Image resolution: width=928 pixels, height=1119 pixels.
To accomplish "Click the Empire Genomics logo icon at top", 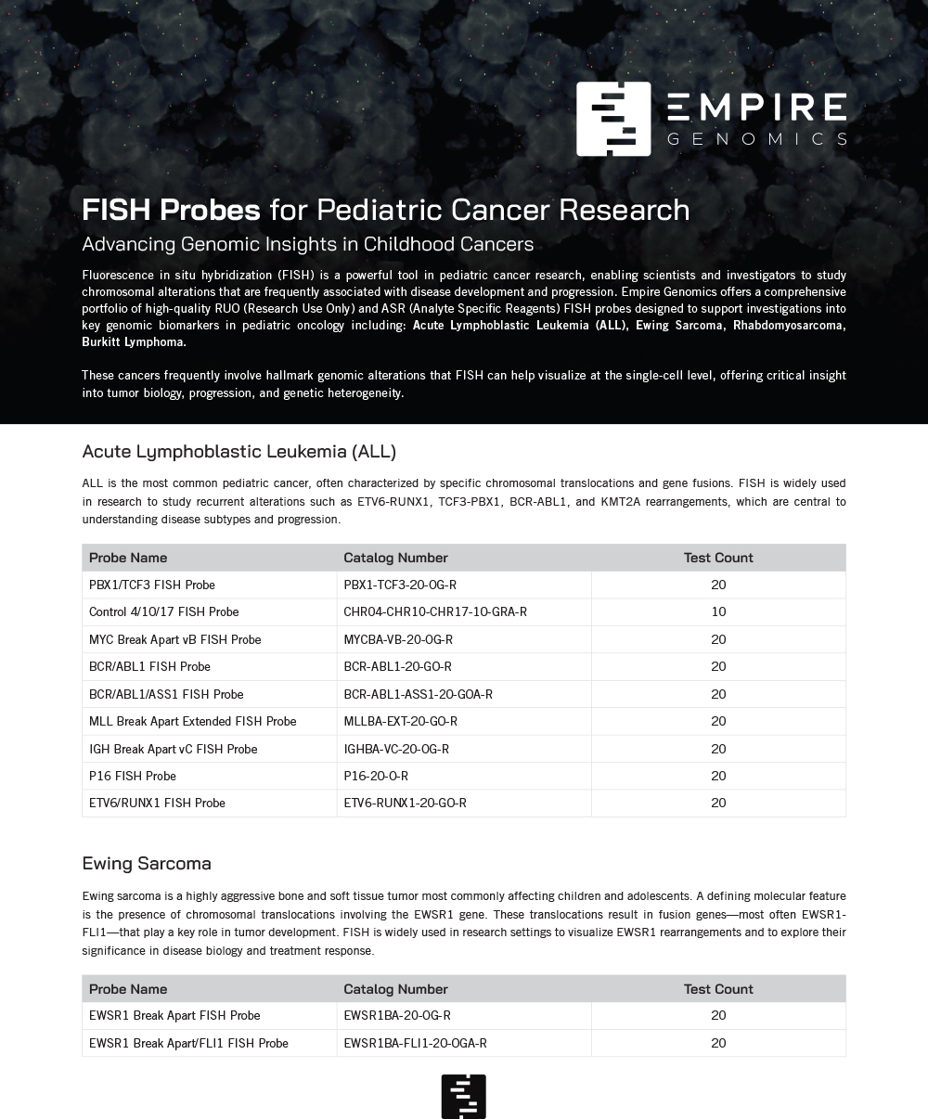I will click(613, 119).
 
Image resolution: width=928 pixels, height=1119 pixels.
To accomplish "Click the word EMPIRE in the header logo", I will click(756, 108).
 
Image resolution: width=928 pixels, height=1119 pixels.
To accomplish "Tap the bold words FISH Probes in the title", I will click(171, 210).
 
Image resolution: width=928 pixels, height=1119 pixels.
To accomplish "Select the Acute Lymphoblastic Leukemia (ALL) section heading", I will click(238, 452).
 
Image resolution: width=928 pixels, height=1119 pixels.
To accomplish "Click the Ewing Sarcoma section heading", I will click(147, 863).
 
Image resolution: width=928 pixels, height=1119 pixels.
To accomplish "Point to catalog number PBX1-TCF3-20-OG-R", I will click(400, 585).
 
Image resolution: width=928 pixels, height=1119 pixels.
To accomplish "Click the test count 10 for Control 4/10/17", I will click(718, 611).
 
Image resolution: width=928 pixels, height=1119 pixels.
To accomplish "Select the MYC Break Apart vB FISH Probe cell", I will click(174, 639).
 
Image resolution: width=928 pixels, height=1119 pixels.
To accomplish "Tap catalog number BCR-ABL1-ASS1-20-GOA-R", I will click(418, 694).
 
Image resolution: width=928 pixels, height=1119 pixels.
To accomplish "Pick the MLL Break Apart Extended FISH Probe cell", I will click(192, 721).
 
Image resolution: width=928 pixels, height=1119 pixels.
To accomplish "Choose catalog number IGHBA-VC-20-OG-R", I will click(396, 749).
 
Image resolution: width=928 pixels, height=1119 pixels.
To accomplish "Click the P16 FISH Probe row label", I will click(132, 776).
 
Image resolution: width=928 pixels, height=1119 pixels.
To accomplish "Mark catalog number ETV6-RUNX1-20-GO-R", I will click(405, 803).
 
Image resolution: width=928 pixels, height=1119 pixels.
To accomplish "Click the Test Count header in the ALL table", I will click(718, 558).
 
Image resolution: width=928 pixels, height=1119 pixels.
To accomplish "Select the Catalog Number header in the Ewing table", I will click(395, 989).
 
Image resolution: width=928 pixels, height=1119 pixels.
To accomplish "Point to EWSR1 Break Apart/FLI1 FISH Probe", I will click(188, 1043).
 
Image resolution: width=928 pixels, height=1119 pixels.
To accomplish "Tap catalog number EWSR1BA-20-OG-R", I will click(397, 1015).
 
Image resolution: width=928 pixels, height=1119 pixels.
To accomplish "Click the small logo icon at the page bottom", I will click(464, 1096).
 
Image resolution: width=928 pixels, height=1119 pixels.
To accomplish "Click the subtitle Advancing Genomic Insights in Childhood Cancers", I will click(307, 244).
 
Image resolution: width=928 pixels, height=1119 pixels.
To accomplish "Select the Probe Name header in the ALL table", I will click(128, 558).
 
